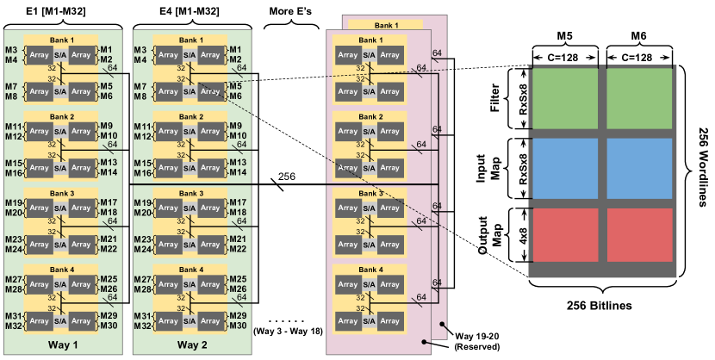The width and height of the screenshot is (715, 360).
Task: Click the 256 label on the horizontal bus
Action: (x=286, y=177)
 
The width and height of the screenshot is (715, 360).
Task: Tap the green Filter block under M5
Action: (x=565, y=98)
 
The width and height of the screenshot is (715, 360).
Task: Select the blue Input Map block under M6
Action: (x=639, y=168)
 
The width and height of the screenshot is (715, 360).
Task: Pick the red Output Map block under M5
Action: (x=565, y=235)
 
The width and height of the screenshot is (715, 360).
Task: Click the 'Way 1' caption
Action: (x=63, y=344)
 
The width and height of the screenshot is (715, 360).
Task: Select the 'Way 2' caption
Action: (x=192, y=344)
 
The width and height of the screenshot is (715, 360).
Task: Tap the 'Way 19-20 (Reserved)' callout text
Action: (x=477, y=342)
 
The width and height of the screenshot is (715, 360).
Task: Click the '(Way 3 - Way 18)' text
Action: (x=288, y=332)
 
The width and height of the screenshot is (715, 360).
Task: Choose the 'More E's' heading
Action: (x=290, y=11)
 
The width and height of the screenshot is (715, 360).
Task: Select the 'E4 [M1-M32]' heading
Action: (x=190, y=11)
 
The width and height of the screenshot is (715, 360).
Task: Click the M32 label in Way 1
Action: (x=13, y=326)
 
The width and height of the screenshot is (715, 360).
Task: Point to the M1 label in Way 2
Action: (x=235, y=49)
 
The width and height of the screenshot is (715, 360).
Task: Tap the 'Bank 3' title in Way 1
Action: (x=62, y=193)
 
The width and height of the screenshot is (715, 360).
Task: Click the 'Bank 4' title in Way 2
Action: (x=191, y=270)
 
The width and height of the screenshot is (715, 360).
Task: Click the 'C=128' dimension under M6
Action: (x=639, y=58)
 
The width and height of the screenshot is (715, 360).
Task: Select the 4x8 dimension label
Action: (x=524, y=235)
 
